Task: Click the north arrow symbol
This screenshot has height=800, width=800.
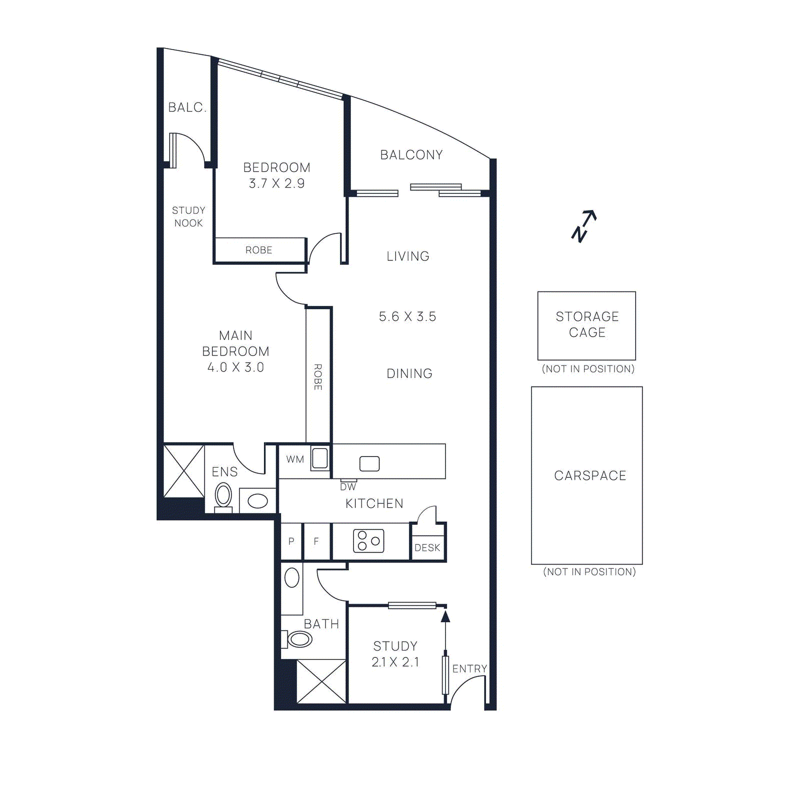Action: (584, 226)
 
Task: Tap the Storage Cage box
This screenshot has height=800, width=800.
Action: (586, 325)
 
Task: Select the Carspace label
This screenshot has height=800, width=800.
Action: (590, 475)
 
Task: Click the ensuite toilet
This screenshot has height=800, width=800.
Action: (223, 496)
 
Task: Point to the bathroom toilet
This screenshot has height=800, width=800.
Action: (298, 638)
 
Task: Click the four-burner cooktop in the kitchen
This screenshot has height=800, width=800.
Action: (368, 540)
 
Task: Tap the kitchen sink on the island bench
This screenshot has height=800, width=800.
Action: (369, 463)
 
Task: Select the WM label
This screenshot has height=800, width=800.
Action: (295, 459)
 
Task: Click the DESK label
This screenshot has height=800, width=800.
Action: (427, 547)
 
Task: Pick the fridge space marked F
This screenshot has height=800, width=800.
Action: (316, 541)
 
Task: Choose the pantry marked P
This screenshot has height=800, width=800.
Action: (291, 541)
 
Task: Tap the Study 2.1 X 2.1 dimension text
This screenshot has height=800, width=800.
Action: (395, 661)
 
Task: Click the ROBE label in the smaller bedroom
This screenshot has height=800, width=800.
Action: (258, 250)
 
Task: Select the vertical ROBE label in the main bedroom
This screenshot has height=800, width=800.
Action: (318, 376)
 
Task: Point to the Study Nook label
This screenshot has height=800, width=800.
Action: (188, 216)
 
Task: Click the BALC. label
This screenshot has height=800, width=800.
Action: (187, 107)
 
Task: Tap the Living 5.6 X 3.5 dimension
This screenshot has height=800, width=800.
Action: (407, 316)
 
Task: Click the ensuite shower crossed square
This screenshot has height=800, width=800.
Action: (184, 471)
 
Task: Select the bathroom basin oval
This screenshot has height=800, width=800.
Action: (292, 578)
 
